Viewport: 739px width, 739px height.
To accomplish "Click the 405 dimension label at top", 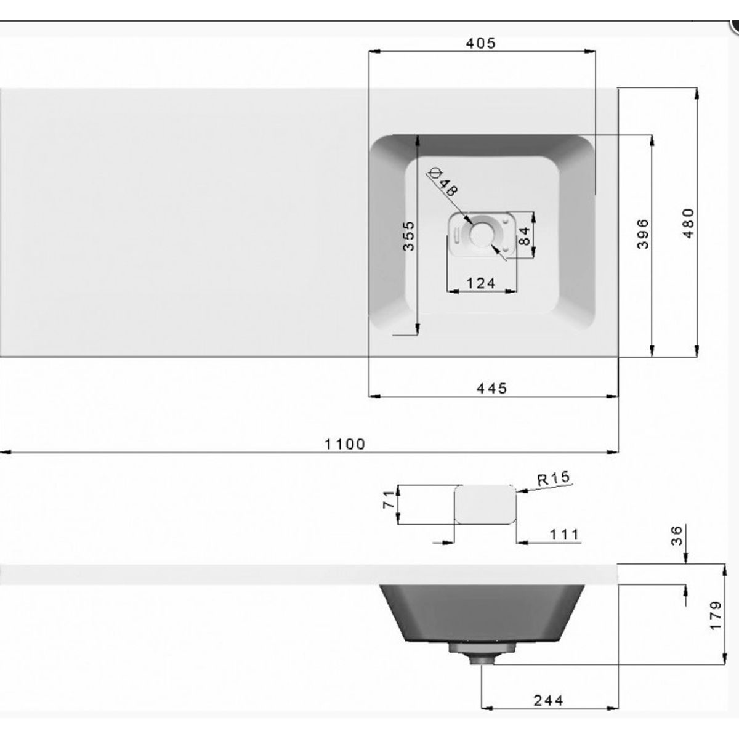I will (480, 43).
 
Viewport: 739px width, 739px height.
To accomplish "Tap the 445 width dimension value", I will (491, 388).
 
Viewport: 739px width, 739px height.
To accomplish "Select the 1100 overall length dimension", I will (345, 444).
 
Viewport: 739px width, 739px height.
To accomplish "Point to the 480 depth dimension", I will (689, 223).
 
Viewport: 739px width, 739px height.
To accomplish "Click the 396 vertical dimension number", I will (642, 233).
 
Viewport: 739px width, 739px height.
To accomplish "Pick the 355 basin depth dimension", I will (409, 236).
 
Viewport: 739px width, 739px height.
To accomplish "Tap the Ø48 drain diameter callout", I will (443, 182).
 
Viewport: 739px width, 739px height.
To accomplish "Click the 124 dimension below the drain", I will (481, 283).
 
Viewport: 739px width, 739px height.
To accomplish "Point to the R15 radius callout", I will (553, 479).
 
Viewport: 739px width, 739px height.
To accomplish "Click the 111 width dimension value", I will (563, 535).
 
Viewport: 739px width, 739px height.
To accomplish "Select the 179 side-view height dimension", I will (714, 615).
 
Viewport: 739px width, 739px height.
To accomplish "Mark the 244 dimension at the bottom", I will (548, 700).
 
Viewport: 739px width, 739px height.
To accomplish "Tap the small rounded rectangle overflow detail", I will (485, 503).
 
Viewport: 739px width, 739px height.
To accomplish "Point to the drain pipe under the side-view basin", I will (481, 656).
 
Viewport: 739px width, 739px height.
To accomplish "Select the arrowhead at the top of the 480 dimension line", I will (697, 92).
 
